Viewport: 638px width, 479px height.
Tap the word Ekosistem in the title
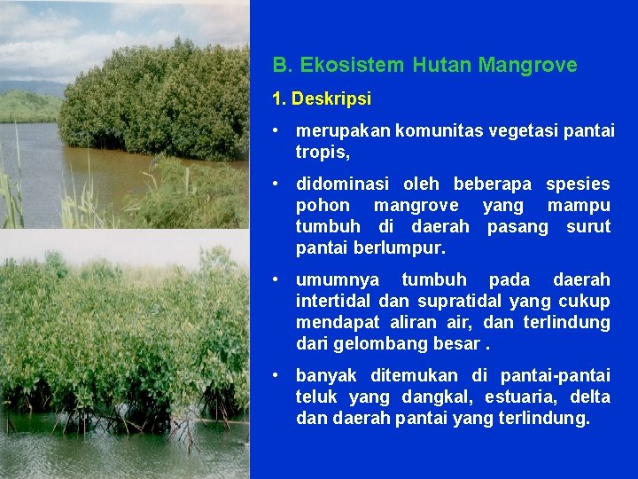[x=349, y=65]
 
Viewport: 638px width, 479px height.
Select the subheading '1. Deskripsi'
[x=322, y=98]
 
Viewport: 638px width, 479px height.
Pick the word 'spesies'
[x=578, y=185]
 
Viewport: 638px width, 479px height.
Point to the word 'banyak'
[x=323, y=376]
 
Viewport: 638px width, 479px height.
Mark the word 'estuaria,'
[x=513, y=397]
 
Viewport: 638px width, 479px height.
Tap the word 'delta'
[x=590, y=397]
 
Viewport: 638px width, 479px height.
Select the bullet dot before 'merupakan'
[x=277, y=130]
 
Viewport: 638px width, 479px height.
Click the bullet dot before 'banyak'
[x=277, y=376]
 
